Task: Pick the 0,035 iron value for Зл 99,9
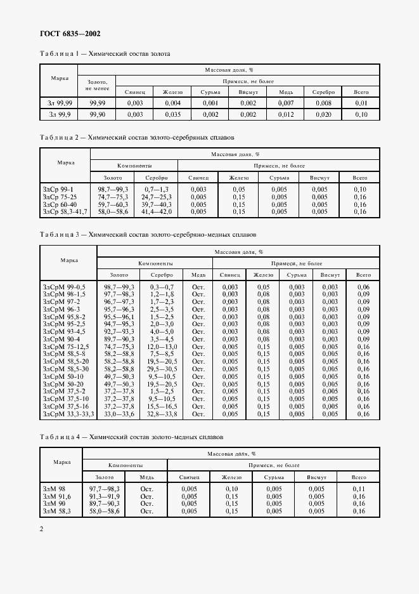pyautogui.click(x=173, y=115)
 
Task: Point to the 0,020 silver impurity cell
pyautogui.click(x=323, y=115)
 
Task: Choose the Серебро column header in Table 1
pyautogui.click(x=323, y=92)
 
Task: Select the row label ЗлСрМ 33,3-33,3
pyautogui.click(x=68, y=413)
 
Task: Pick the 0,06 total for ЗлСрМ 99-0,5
pyautogui.click(x=363, y=287)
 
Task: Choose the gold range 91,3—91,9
pyautogui.click(x=104, y=496)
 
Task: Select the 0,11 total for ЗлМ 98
pyautogui.click(x=359, y=488)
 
